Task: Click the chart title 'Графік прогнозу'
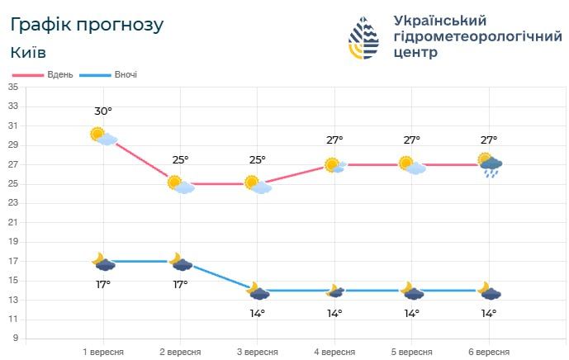[x=88, y=25]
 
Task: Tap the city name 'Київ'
[x=29, y=53]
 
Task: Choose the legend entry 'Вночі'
[x=125, y=74]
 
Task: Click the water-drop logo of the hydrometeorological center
[x=364, y=38]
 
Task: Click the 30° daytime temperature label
[x=103, y=111]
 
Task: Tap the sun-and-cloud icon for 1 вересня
[x=102, y=135]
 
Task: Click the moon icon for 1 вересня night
[x=102, y=262]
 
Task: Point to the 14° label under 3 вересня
[x=258, y=313]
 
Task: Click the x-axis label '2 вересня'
[x=180, y=352]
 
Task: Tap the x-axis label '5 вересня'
[x=411, y=352]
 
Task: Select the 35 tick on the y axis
[x=13, y=87]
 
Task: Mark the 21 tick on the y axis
[x=13, y=222]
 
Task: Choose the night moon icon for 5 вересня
[x=411, y=291]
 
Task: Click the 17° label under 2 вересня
[x=180, y=284]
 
